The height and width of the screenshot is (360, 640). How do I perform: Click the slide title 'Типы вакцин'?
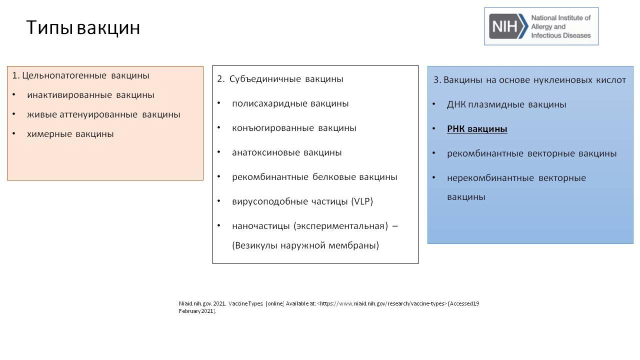pyautogui.click(x=83, y=27)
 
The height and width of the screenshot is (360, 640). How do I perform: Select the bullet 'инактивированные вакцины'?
pyautogui.click(x=90, y=95)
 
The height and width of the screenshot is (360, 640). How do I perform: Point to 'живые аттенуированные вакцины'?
pyautogui.click(x=103, y=114)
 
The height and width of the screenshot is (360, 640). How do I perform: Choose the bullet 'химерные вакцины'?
pyautogui.click(x=70, y=134)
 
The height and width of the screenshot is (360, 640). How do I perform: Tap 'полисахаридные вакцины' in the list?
pyautogui.click(x=290, y=103)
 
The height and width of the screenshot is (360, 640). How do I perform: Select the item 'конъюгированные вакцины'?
pyautogui.click(x=294, y=128)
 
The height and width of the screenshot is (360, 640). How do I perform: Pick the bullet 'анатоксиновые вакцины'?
pyautogui.click(x=287, y=152)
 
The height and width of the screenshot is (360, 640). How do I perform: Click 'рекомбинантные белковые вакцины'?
pyautogui.click(x=314, y=177)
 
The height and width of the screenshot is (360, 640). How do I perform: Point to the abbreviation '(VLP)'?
pyautogui.click(x=362, y=201)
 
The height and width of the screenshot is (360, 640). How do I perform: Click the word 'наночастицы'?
pyautogui.click(x=261, y=226)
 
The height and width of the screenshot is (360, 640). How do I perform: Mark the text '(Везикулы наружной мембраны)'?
pyautogui.click(x=305, y=245)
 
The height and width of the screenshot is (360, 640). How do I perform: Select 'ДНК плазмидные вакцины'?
pyautogui.click(x=506, y=104)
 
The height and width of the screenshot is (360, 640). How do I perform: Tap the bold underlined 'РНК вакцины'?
pyautogui.click(x=477, y=129)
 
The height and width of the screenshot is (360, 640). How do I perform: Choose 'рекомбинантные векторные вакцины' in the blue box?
pyautogui.click(x=531, y=153)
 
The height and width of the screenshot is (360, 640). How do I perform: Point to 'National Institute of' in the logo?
pyautogui.click(x=560, y=18)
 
